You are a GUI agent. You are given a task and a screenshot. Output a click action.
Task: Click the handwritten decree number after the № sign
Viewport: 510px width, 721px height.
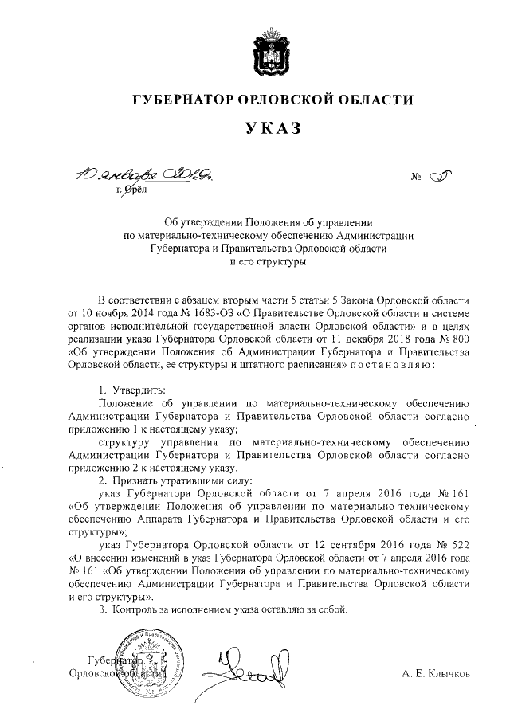(443, 174)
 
